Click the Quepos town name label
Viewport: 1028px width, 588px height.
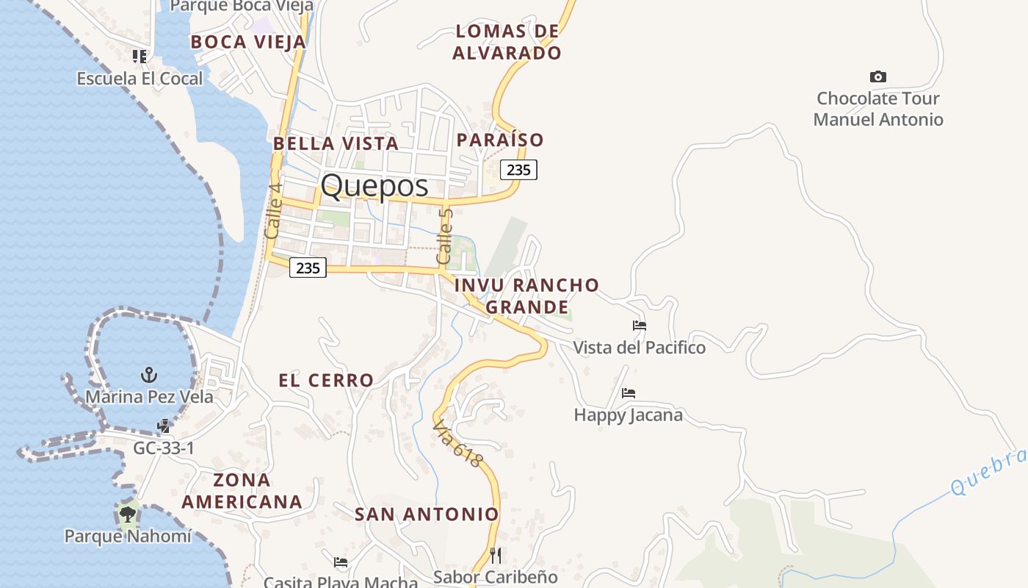374,185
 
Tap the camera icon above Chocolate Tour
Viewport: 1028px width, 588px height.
877,76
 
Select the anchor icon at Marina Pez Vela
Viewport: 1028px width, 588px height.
149,375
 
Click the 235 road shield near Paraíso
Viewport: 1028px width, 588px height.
518,170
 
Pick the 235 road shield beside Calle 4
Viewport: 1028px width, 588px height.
308,268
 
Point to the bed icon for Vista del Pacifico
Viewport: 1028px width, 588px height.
640,326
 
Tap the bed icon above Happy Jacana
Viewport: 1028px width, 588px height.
629,393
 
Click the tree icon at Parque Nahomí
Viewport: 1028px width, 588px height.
128,514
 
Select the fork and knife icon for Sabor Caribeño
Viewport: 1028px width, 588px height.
496,555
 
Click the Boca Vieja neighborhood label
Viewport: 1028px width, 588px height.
247,42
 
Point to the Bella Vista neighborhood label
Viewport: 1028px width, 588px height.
336,143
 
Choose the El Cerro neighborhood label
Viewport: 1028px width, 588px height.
326,380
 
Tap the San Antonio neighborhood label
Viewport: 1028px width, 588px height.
427,514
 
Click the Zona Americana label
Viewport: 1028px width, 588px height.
242,491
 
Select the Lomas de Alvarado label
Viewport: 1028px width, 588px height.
507,42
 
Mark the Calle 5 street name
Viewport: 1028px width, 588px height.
445,237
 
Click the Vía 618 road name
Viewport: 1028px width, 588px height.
457,443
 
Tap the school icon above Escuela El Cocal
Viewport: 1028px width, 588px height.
140,56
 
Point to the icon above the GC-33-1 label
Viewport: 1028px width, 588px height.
164,426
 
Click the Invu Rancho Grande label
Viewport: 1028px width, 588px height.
526,295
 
